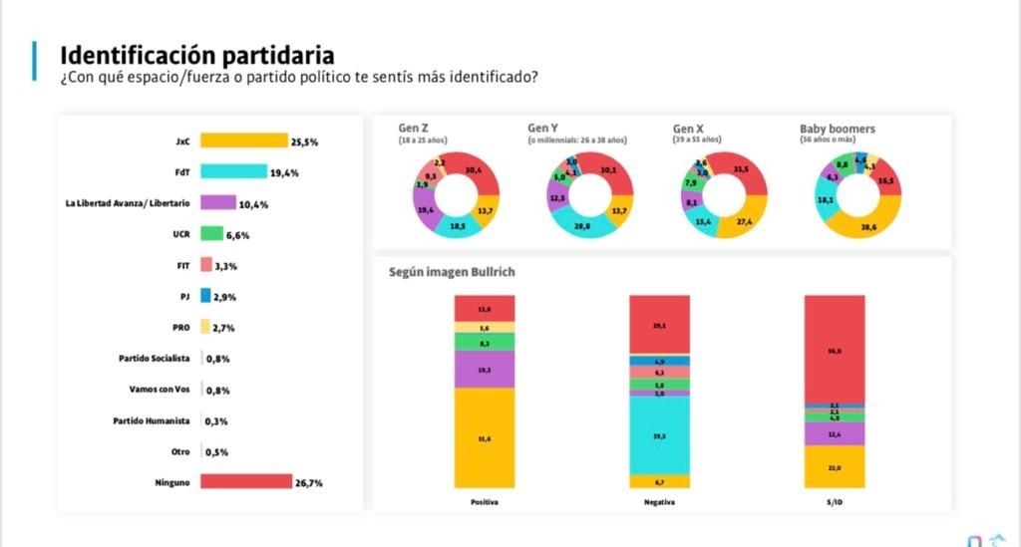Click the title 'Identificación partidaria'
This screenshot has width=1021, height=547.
[x=197, y=55]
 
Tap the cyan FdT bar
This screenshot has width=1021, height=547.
[x=233, y=172]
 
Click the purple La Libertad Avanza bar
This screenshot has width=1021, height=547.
[x=217, y=203]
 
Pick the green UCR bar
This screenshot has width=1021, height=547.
[x=210, y=234]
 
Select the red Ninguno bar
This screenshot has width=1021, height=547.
[x=245, y=482]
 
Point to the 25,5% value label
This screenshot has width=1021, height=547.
[x=304, y=142]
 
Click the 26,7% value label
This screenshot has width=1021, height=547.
[x=309, y=483]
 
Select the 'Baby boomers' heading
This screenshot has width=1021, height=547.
[x=838, y=129]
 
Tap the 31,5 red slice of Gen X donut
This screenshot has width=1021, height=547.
[x=742, y=170]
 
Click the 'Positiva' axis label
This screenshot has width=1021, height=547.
[x=485, y=502]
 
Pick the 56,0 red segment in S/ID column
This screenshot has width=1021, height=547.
[x=834, y=350]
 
